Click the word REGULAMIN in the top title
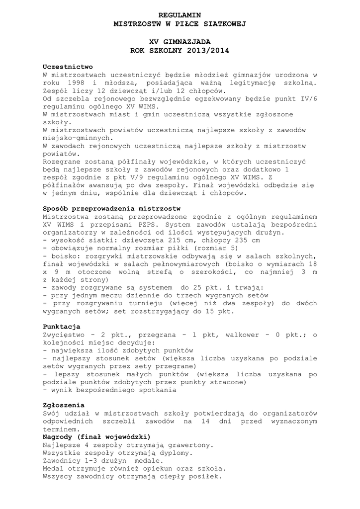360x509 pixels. pos(180,16)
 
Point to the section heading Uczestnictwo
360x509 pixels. pos(68,67)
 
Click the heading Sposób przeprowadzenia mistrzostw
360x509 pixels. pos(112,208)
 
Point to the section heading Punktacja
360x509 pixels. pos(62,327)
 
